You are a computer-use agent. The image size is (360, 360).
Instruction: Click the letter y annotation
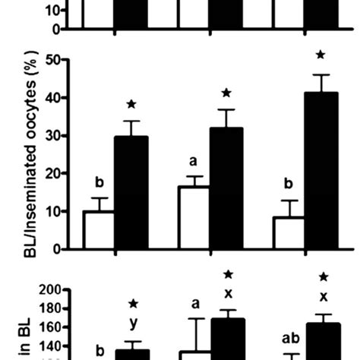(x=133, y=323)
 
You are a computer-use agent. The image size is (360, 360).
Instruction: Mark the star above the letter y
(x=133, y=305)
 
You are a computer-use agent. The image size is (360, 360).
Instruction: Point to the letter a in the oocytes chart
(x=194, y=162)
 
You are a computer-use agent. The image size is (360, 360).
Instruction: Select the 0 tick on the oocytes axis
(x=54, y=249)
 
